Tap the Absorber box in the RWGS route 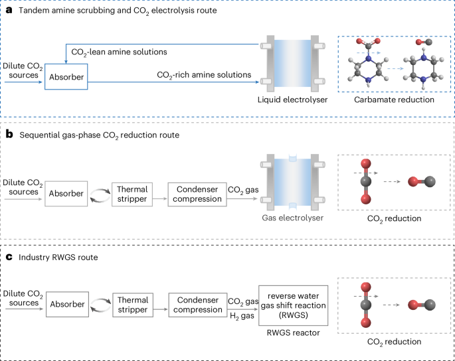coord(66,305)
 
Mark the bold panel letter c coord(9,255)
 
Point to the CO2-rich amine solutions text coord(203,75)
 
